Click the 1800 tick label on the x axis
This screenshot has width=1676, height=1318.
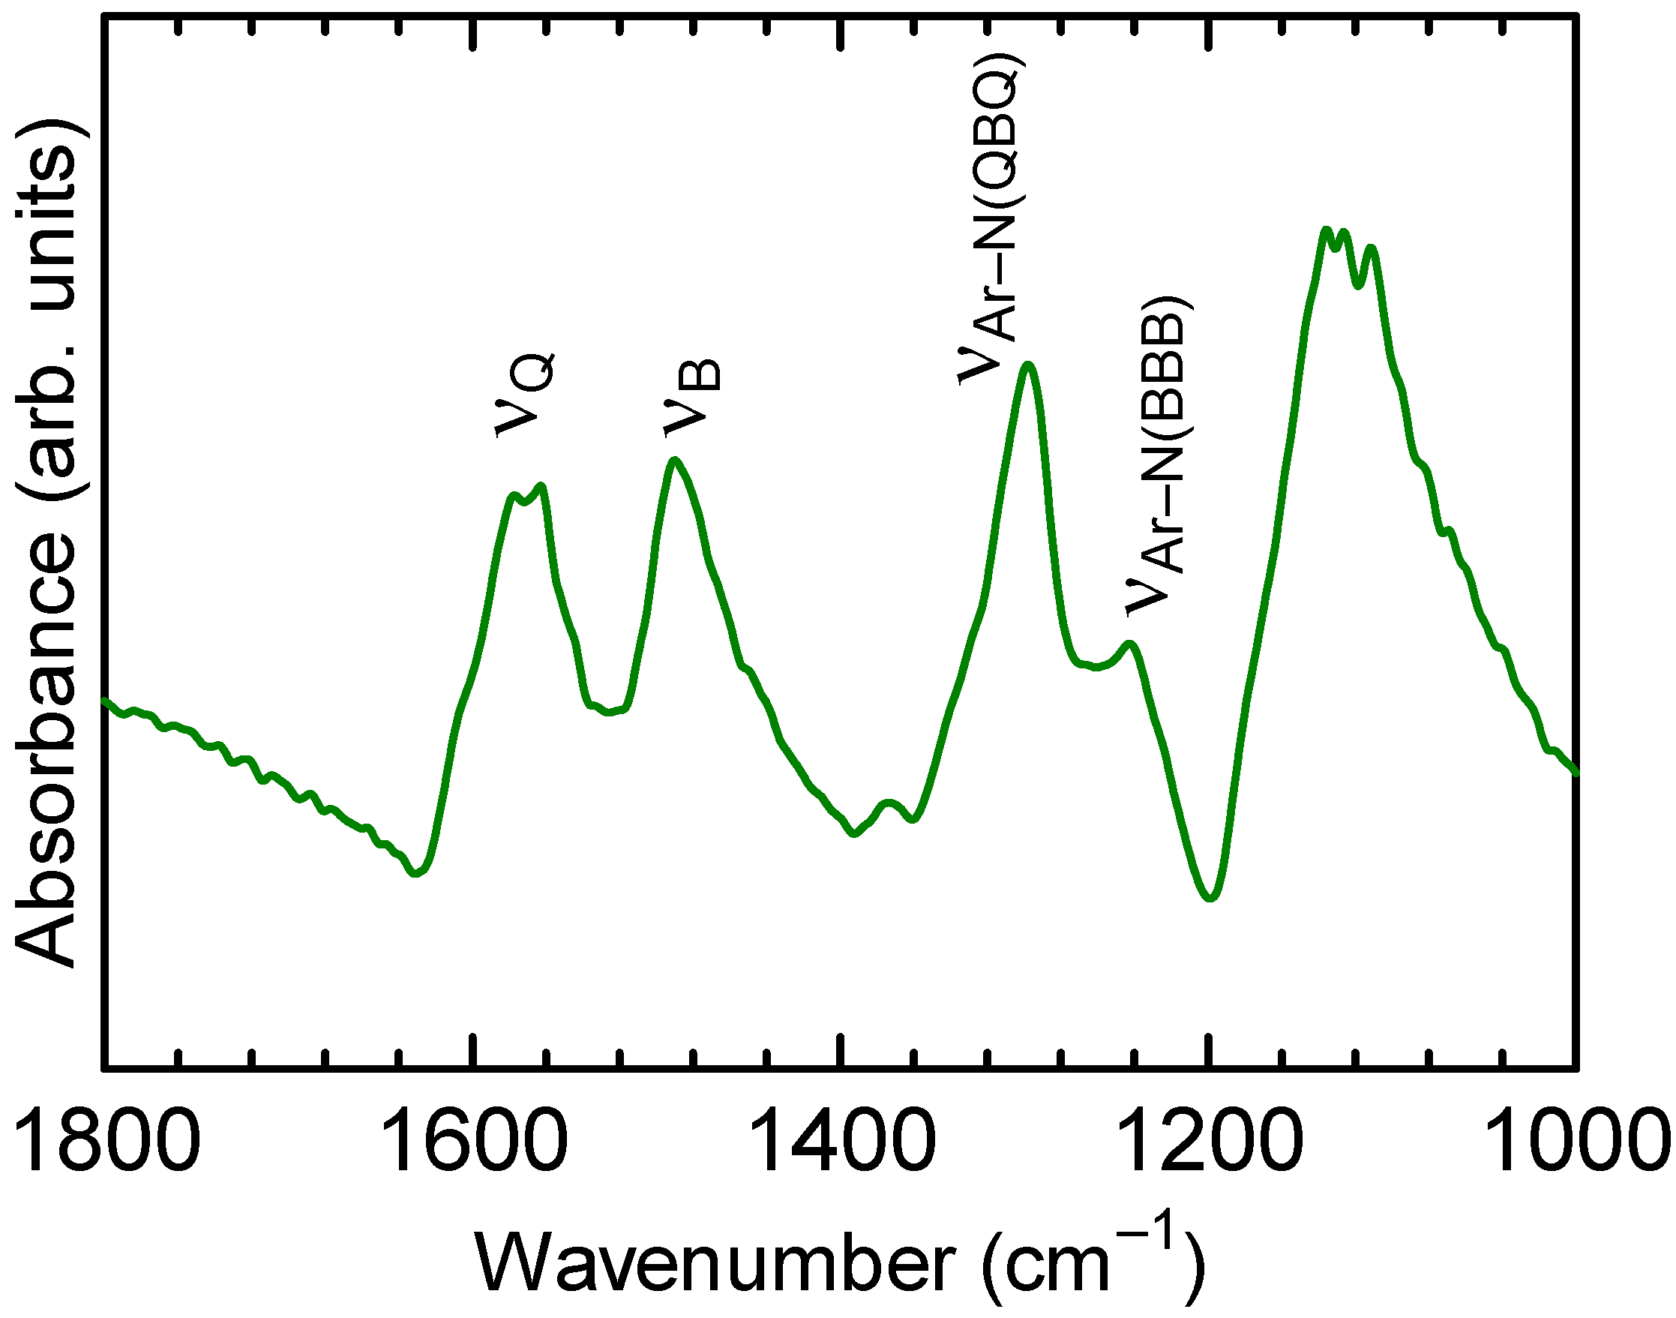click(x=106, y=1139)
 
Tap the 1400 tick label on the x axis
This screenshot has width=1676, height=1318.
click(x=841, y=1139)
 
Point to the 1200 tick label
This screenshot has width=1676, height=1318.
click(x=1209, y=1139)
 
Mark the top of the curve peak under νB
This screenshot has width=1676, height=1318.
click(x=675, y=461)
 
